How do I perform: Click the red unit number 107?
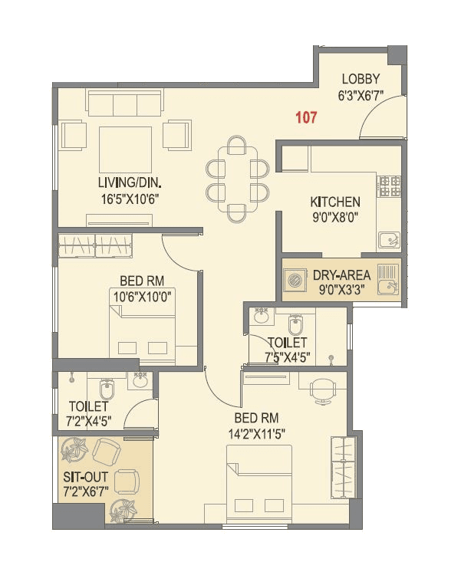(306, 117)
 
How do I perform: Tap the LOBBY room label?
(361, 79)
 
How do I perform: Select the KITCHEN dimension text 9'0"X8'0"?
(335, 216)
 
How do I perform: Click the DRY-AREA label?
(341, 274)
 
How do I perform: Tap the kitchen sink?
(390, 238)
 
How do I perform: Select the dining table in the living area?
(237, 176)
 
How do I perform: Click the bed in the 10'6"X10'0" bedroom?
(143, 330)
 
